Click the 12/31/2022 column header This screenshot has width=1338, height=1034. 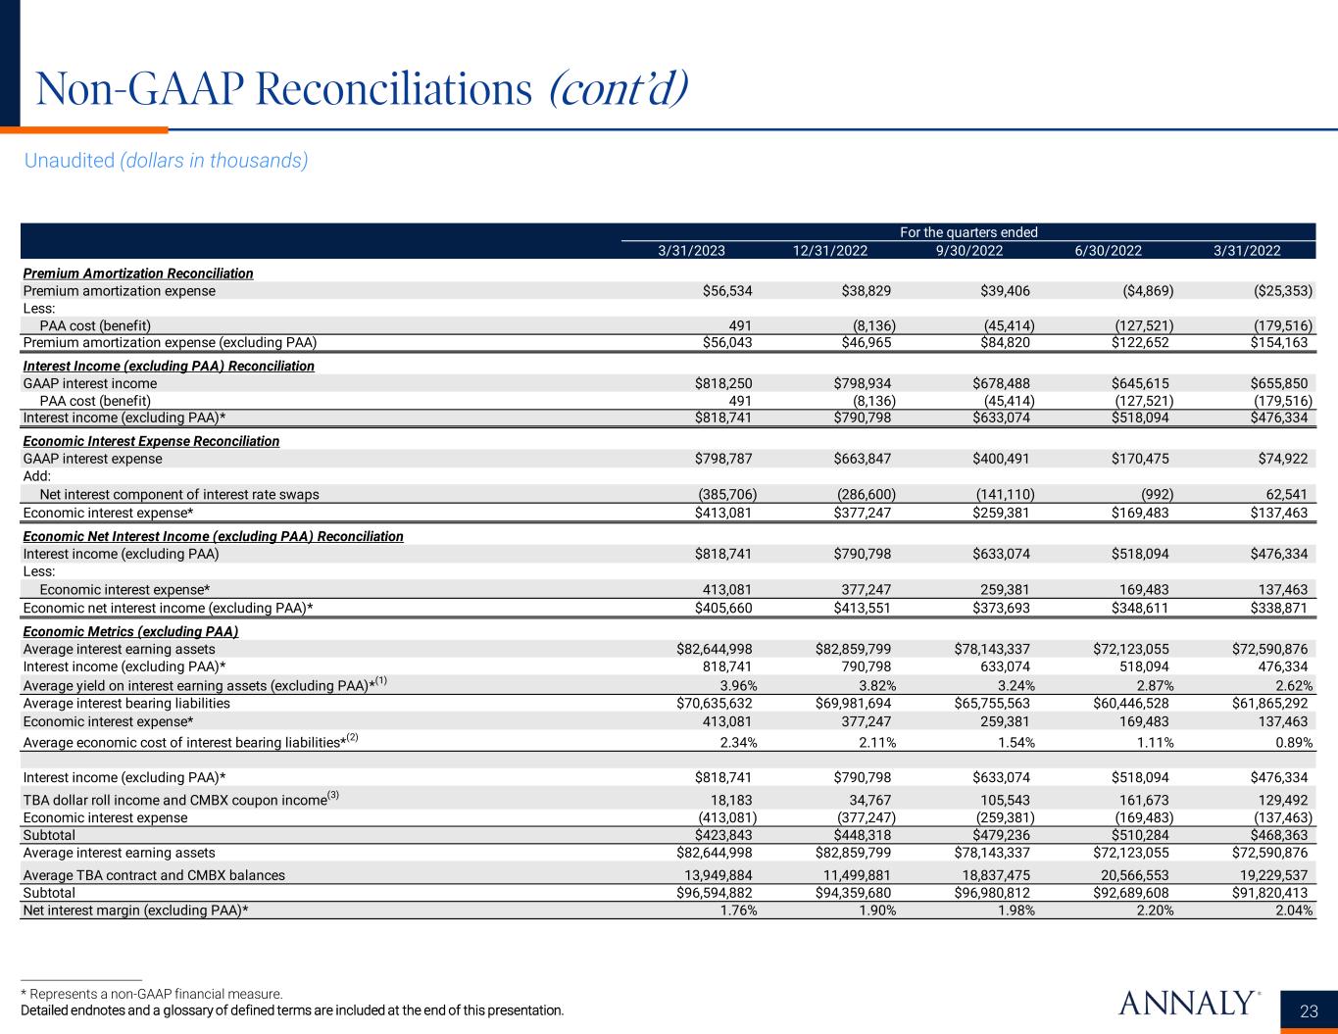pyautogui.click(x=830, y=250)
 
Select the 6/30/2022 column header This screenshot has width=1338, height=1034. pyautogui.click(x=1108, y=250)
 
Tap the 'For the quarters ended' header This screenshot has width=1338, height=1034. pyautogui.click(x=968, y=232)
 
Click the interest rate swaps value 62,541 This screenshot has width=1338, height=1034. pyautogui.click(x=1285, y=494)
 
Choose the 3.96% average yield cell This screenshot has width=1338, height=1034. pyautogui.click(x=737, y=685)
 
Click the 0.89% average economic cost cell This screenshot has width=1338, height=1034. pyautogui.click(x=1291, y=742)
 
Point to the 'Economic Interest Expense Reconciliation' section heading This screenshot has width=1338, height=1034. pyautogui.click(x=151, y=441)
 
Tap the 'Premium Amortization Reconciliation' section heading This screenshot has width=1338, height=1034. pyautogui.click(x=138, y=273)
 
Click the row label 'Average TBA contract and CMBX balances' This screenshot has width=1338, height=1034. pyautogui.click(x=154, y=875)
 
